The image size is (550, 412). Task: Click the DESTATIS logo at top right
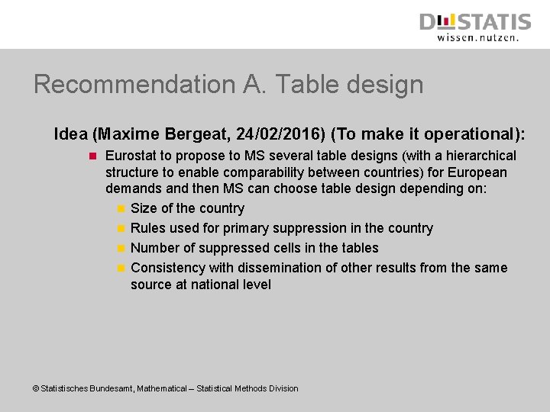click(474, 21)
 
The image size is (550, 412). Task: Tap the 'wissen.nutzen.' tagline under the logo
click(477, 37)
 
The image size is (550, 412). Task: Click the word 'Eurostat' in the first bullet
click(130, 156)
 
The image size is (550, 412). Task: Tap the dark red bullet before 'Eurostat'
click(91, 156)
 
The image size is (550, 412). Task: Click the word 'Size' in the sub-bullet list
click(144, 208)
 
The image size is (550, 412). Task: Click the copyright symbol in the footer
click(35, 389)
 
